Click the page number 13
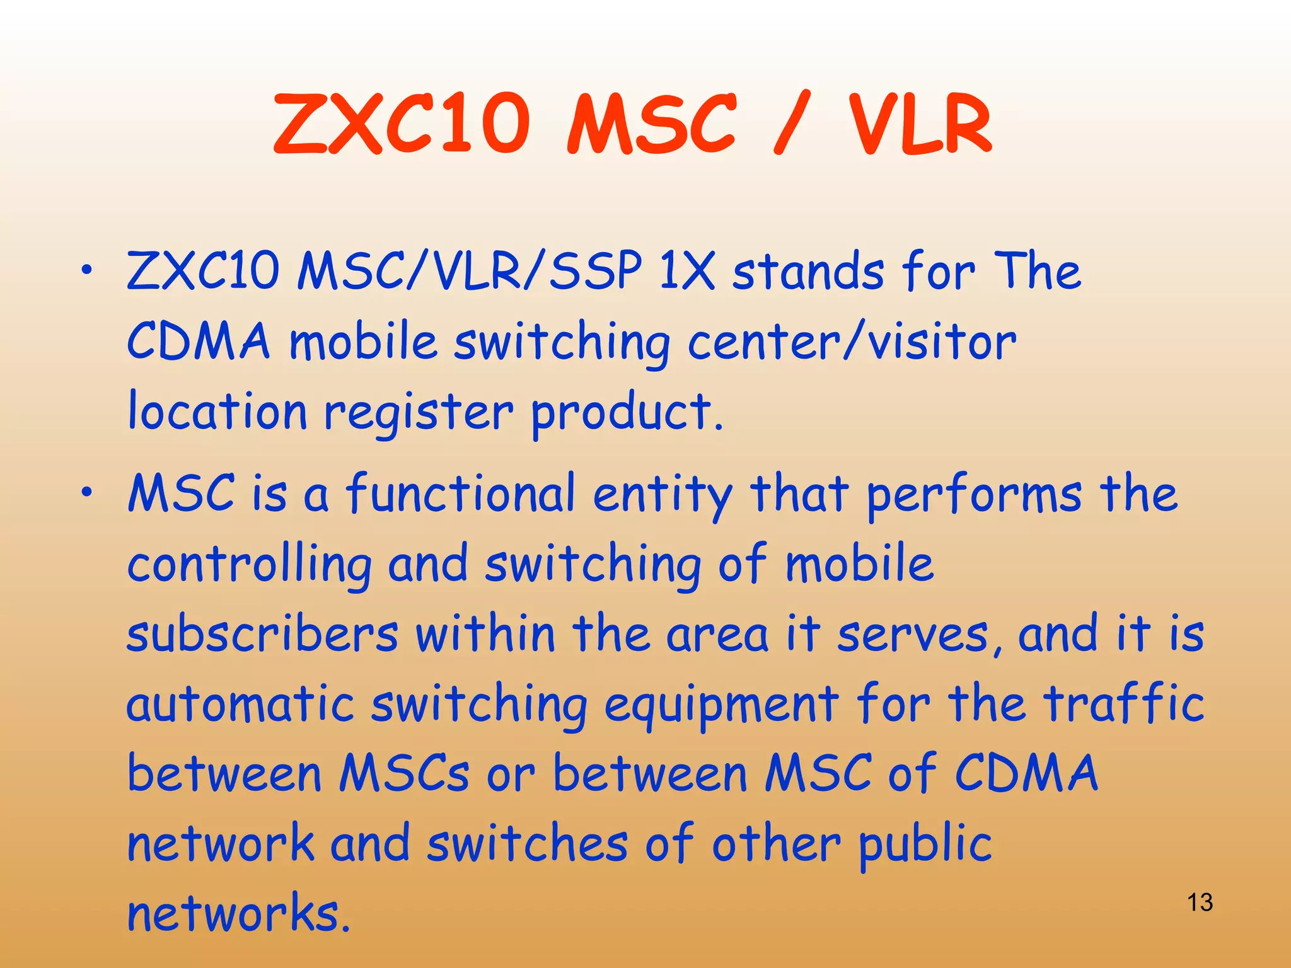(1200, 902)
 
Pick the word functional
(461, 493)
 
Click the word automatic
(240, 704)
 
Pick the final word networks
(238, 913)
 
